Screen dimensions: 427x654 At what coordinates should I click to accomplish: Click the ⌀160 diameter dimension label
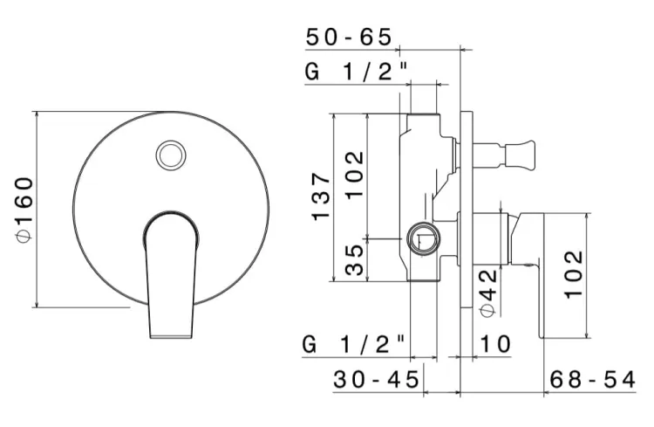pyautogui.click(x=24, y=209)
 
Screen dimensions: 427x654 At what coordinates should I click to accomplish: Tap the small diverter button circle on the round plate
pyautogui.click(x=171, y=155)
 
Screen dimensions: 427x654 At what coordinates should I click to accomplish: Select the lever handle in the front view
pyautogui.click(x=169, y=275)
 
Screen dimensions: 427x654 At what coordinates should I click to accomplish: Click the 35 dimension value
pyautogui.click(x=354, y=259)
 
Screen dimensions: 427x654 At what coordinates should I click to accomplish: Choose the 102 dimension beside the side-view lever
pyautogui.click(x=572, y=274)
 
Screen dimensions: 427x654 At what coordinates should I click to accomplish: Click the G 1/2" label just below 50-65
pyautogui.click(x=357, y=73)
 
